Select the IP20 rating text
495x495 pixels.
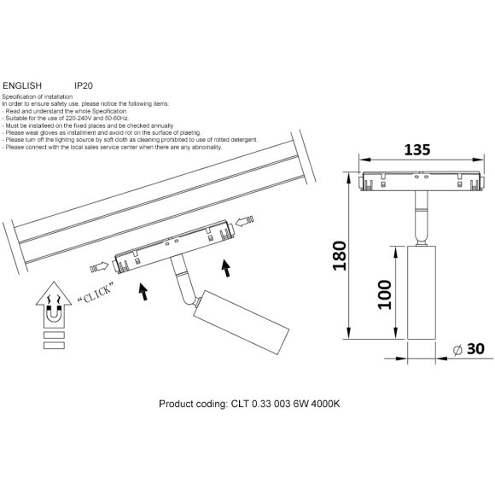tap(84, 86)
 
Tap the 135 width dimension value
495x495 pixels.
tap(416, 149)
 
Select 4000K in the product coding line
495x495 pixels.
tap(324, 404)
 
